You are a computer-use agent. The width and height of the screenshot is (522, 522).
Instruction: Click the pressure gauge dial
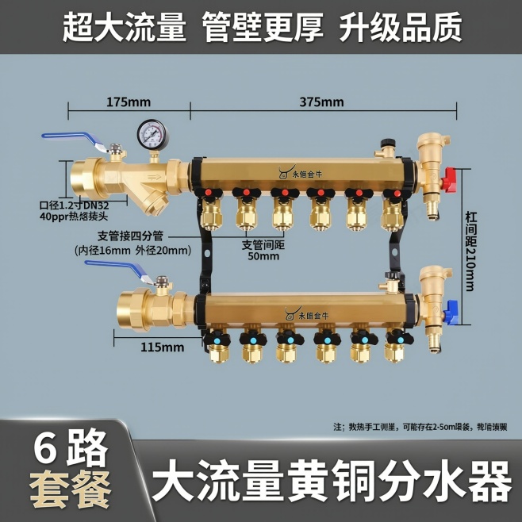151,134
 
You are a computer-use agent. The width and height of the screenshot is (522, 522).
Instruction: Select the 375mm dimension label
321,102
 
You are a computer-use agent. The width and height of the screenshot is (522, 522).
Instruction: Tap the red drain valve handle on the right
450,180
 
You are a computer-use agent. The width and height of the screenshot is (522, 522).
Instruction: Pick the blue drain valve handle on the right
450,312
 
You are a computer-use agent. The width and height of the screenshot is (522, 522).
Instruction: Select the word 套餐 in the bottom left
70,490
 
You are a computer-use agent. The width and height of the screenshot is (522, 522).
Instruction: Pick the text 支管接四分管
130,236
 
